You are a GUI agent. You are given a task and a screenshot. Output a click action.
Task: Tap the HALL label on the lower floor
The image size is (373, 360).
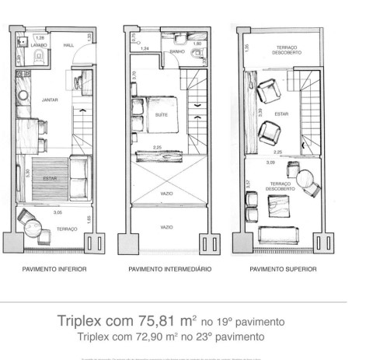pos(68,45)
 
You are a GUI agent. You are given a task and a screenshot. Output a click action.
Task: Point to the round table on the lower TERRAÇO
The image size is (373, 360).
pos(33,229)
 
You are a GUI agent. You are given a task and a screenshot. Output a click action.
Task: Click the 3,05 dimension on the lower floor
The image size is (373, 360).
pos(57,211)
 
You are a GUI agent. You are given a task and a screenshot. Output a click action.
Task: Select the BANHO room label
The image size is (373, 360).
pos(177,51)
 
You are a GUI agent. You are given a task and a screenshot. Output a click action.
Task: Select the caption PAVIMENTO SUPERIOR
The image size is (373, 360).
pos(283,270)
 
